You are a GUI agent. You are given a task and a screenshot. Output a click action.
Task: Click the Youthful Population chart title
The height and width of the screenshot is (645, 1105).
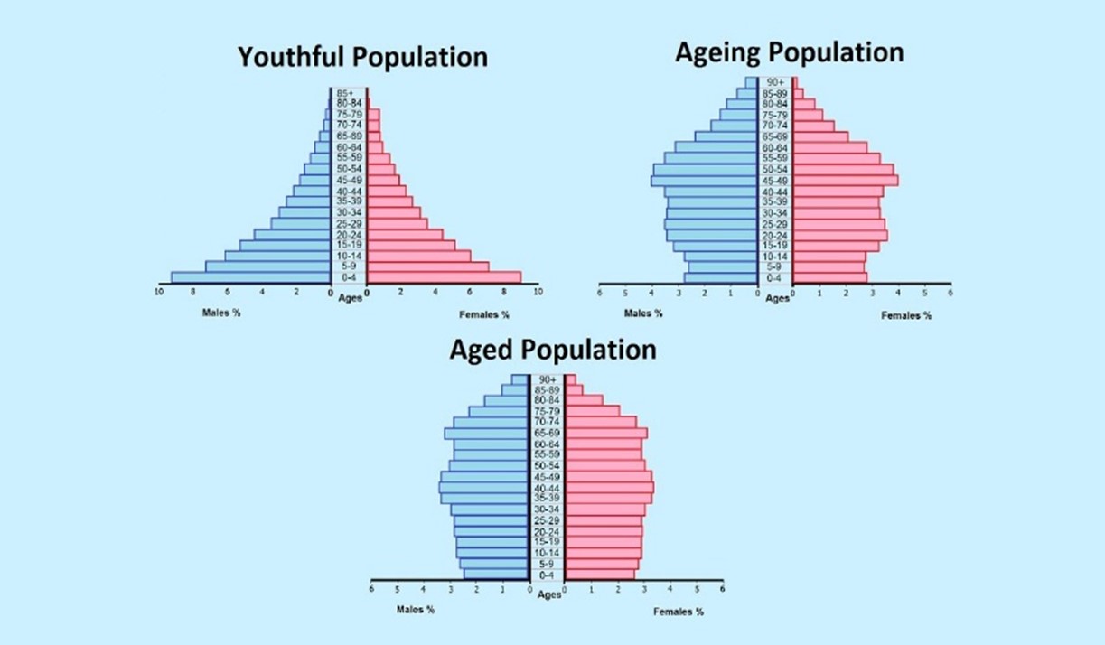tap(362, 57)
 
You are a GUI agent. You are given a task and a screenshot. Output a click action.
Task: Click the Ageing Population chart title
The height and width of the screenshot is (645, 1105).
tap(789, 52)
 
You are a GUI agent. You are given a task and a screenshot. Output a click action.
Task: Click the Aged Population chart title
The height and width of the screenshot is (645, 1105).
tap(552, 350)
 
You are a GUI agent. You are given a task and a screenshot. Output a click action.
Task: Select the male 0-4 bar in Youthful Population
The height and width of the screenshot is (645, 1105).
tap(250, 277)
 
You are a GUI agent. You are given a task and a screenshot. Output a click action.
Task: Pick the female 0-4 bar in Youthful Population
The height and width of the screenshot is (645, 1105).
tap(443, 277)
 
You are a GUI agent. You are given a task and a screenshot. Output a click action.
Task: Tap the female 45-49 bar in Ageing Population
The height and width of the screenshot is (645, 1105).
tap(846, 180)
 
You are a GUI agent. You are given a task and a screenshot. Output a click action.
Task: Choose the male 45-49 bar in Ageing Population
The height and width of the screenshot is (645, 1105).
tap(704, 180)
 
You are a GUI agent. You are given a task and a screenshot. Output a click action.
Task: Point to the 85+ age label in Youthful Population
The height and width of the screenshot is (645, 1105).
tap(344, 93)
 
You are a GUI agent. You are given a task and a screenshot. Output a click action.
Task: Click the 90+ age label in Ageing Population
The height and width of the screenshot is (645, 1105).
tap(775, 82)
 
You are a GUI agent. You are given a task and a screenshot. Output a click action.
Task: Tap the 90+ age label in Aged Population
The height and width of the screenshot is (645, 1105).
tap(546, 379)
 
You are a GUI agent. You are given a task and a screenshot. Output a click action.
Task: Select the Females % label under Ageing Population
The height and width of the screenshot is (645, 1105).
tap(906, 315)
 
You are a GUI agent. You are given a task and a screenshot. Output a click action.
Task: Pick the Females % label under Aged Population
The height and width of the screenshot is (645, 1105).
tap(679, 612)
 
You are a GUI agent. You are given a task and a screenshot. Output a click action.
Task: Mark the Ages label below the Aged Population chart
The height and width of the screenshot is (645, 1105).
tap(549, 594)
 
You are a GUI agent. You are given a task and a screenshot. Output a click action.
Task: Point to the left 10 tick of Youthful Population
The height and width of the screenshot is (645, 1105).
tap(160, 292)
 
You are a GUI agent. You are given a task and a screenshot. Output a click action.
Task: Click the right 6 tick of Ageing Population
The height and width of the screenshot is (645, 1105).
tap(950, 293)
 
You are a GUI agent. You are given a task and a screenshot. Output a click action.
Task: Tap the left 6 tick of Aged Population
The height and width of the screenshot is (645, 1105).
tap(371, 589)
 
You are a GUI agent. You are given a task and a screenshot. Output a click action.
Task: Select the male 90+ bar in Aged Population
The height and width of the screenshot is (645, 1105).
tap(519, 379)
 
